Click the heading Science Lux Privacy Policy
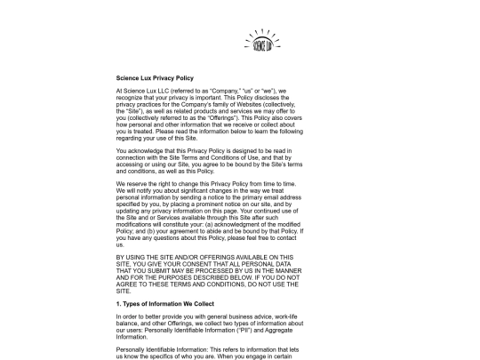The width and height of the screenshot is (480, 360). pyautogui.click(x=155, y=79)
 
